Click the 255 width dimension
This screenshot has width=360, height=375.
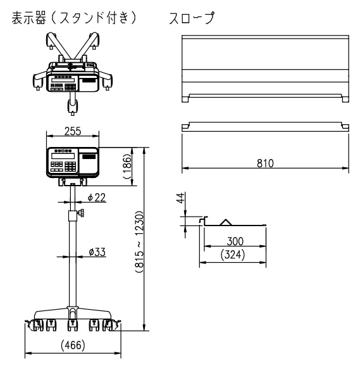[73, 131]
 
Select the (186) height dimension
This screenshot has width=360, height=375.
[128, 167]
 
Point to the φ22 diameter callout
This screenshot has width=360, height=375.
[97, 198]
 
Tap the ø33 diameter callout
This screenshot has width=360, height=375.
[97, 252]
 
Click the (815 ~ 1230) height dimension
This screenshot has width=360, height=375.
[140, 242]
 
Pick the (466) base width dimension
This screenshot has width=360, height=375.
[73, 345]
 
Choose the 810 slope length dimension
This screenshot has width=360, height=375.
[265, 163]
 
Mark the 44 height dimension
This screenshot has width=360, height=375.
[181, 198]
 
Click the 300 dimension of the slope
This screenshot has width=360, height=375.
[235, 241]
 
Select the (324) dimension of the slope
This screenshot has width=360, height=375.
[233, 255]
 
